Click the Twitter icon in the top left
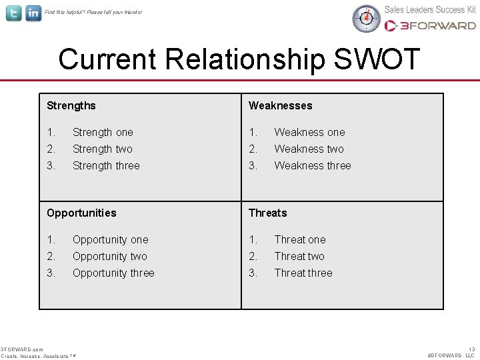[13, 13]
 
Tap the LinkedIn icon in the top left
[33, 13]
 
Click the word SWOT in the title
[377, 59]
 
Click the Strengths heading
[71, 105]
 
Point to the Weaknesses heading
[280, 105]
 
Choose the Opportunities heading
[81, 213]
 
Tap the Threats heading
[267, 213]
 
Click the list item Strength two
[102, 149]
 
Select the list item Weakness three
[312, 165]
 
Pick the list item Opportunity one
[110, 239]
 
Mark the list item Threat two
[299, 256]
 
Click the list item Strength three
[106, 165]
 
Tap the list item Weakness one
[309, 132]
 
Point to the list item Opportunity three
[113, 273]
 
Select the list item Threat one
[300, 239]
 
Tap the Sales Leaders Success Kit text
[430, 9]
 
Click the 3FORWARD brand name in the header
[437, 25]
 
